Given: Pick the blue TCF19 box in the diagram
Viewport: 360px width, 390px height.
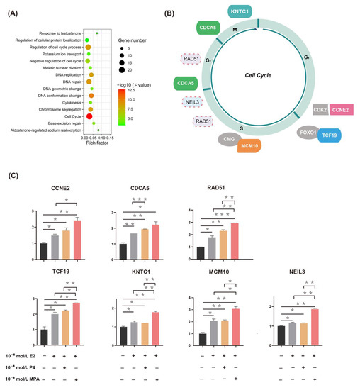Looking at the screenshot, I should click(x=328, y=135).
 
